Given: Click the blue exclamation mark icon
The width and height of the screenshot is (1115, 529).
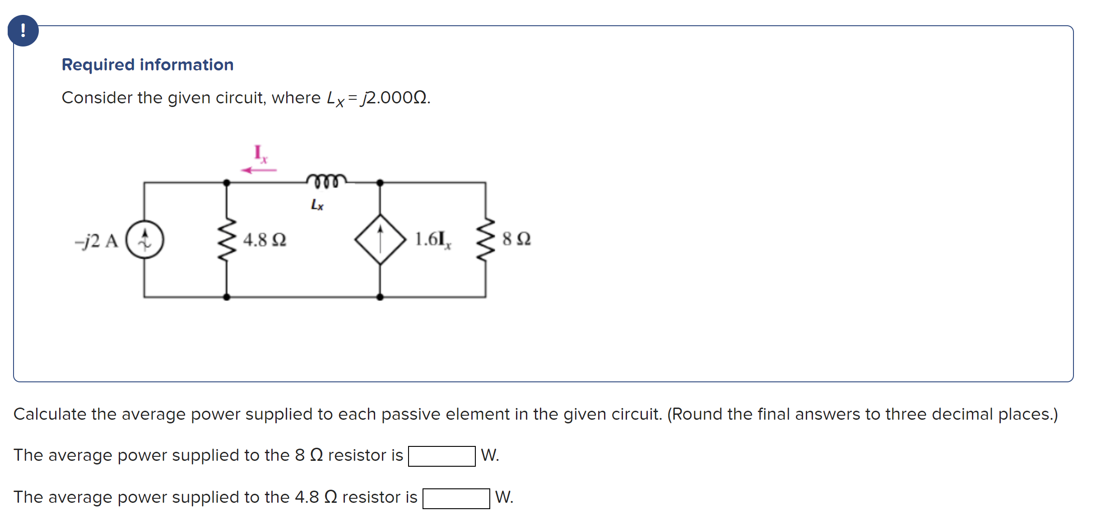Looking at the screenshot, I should (x=23, y=31).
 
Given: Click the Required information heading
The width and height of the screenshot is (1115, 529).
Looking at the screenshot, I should (x=148, y=65).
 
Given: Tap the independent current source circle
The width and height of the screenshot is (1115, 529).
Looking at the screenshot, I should (x=144, y=239).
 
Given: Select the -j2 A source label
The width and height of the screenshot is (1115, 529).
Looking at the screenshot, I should (x=97, y=241).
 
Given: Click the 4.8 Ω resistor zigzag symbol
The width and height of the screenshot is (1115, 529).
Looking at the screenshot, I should (x=227, y=239).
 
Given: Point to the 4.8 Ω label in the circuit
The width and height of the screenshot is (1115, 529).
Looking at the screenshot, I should (x=265, y=240).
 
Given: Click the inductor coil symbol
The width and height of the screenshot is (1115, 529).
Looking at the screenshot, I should (x=326, y=181).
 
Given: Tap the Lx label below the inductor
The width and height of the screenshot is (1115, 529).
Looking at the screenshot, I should (x=317, y=205).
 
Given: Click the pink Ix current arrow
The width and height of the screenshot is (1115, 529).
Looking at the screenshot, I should (x=259, y=170).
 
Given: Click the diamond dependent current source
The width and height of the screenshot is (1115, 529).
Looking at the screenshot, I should (x=380, y=239).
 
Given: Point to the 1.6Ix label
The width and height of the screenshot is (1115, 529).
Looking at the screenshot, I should (x=432, y=239).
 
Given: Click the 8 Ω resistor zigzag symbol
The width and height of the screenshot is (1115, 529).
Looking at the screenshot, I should (x=485, y=239).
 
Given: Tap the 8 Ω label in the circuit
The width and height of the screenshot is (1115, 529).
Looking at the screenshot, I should (x=516, y=239).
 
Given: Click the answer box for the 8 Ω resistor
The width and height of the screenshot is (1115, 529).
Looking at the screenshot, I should (x=441, y=456).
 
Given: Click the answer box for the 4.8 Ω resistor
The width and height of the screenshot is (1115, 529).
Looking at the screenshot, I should (x=456, y=498).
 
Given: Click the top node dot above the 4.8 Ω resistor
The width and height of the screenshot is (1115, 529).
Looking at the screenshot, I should (x=227, y=183).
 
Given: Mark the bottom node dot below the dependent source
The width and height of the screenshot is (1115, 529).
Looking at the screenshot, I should (x=380, y=297).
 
